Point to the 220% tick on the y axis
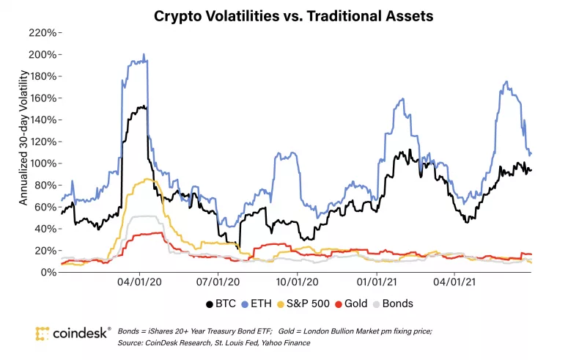click(41, 33)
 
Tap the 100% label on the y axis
click(41, 164)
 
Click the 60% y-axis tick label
click(43, 207)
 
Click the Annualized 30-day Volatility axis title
click(23, 137)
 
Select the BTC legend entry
click(218, 304)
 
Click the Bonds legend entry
click(394, 304)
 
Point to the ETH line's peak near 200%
click(144, 54)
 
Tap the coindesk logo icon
click(43, 334)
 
